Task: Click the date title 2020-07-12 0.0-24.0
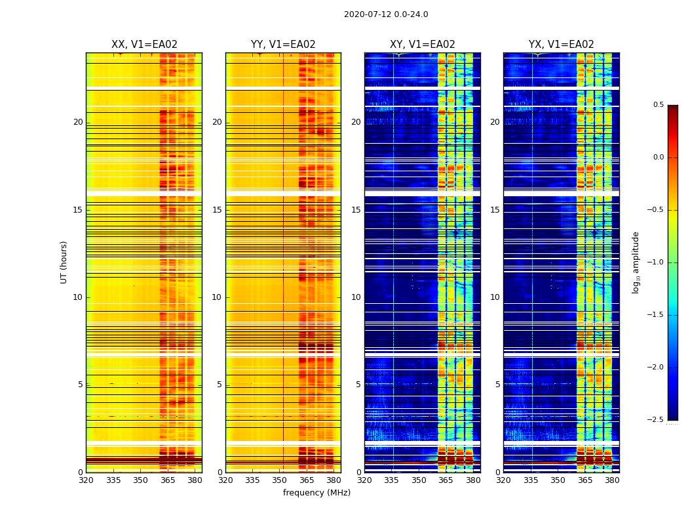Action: pyautogui.click(x=386, y=14)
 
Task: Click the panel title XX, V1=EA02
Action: pyautogui.click(x=144, y=45)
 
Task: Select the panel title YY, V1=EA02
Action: pyautogui.click(x=283, y=45)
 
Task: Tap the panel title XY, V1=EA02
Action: pyautogui.click(x=423, y=45)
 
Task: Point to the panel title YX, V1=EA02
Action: pyautogui.click(x=562, y=45)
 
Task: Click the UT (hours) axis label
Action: pyautogui.click(x=64, y=262)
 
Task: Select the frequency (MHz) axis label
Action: pyautogui.click(x=316, y=493)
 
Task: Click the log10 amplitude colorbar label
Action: pyautogui.click(x=636, y=262)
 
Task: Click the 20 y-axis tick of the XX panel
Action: pyautogui.click(x=78, y=122)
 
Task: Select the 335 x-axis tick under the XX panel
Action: pyautogui.click(x=113, y=480)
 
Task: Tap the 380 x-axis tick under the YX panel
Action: pyautogui.click(x=612, y=480)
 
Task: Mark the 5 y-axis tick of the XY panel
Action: pyautogui.click(x=358, y=385)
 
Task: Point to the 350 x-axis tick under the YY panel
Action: pyautogui.click(x=280, y=480)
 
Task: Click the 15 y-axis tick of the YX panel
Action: pyautogui.click(x=495, y=210)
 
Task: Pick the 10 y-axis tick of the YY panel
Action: pyautogui.click(x=217, y=297)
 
